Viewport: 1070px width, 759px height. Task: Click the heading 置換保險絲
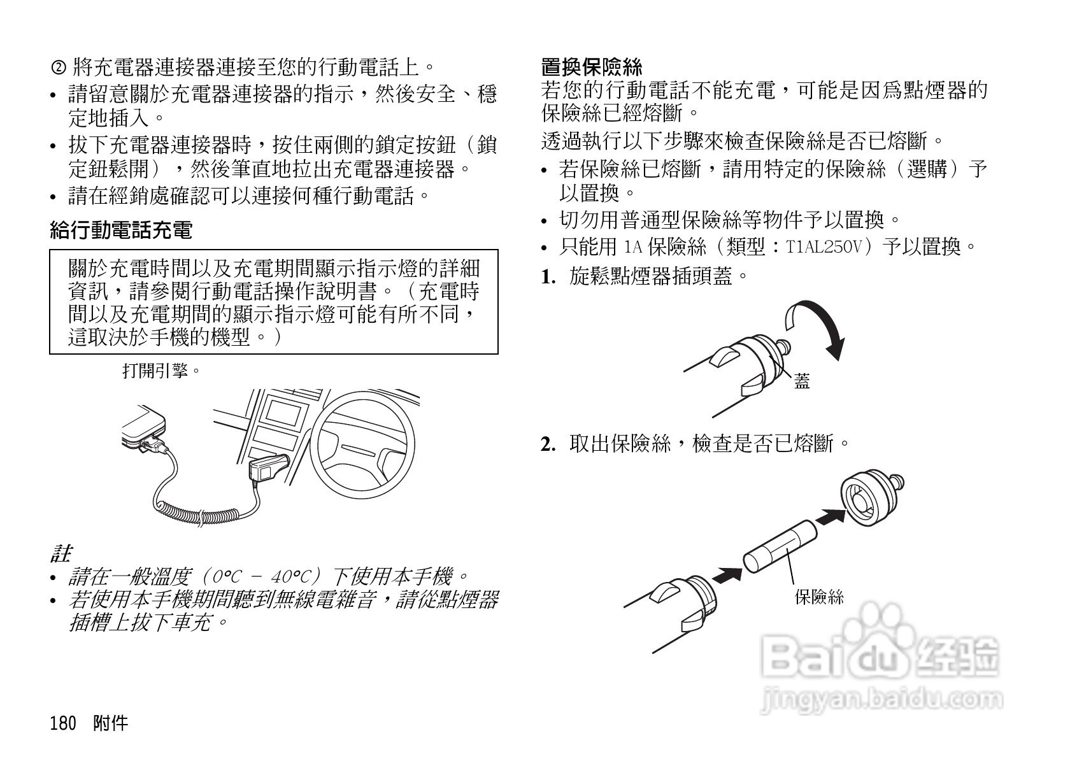(592, 67)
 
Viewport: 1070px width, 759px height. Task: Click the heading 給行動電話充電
(120, 231)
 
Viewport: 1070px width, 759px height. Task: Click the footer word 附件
(110, 723)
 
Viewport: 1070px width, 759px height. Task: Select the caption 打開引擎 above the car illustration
(161, 371)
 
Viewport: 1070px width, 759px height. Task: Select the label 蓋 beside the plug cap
(802, 382)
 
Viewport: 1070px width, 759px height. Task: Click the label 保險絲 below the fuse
(819, 597)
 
